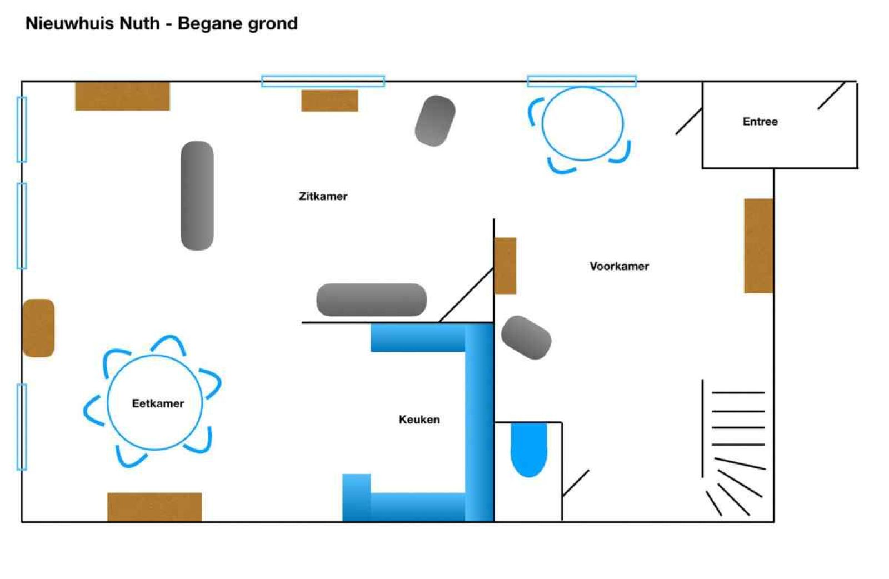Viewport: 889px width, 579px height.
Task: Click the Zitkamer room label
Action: [323, 196]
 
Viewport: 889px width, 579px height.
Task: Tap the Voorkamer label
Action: [619, 266]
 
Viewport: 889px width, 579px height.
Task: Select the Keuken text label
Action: [419, 420]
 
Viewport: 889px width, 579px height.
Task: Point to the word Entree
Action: [760, 122]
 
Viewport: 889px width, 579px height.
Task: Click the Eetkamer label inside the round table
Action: [158, 403]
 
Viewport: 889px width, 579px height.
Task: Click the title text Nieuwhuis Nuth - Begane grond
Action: [162, 23]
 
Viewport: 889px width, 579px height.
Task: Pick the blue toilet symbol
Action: [528, 448]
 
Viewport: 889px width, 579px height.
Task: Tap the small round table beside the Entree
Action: [582, 123]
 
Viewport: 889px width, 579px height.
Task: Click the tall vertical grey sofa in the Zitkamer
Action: [197, 196]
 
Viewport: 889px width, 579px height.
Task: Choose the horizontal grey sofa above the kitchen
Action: [371, 300]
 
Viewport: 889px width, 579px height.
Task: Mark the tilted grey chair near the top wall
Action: [435, 121]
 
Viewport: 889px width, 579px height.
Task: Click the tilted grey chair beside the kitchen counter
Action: [526, 337]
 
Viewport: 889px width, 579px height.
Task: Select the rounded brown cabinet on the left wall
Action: [38, 328]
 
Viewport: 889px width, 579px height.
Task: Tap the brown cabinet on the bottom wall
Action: [154, 507]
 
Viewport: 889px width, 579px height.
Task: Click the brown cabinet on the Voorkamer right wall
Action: [758, 246]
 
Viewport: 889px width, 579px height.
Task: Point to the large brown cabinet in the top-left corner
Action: [122, 96]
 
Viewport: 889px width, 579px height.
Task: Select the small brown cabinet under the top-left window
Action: [329, 101]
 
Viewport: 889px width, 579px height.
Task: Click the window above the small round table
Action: [582, 81]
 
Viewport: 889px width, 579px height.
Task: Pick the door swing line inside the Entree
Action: [831, 96]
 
